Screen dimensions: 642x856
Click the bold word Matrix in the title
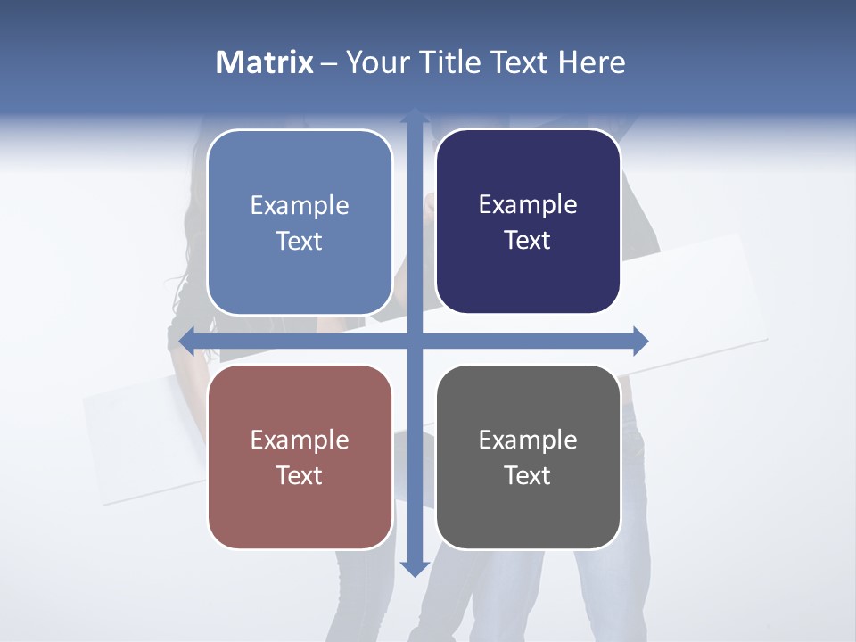[x=265, y=62]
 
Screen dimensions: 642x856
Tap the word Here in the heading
[x=591, y=62]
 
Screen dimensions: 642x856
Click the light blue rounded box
[x=300, y=222]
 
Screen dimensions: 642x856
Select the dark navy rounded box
[x=528, y=222]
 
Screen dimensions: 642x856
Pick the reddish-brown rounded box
[x=300, y=457]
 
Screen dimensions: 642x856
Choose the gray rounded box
[x=528, y=457]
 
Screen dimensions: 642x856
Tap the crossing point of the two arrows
[x=415, y=341]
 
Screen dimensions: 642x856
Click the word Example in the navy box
[x=528, y=205]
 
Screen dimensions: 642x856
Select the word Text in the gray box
[x=528, y=476]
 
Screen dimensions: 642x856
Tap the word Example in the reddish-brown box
[x=300, y=440]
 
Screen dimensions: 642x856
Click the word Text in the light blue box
[x=300, y=242]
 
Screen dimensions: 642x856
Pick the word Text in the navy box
[x=528, y=241]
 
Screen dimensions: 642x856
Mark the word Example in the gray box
[x=528, y=440]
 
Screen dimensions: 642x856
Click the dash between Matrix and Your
[x=329, y=63]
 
